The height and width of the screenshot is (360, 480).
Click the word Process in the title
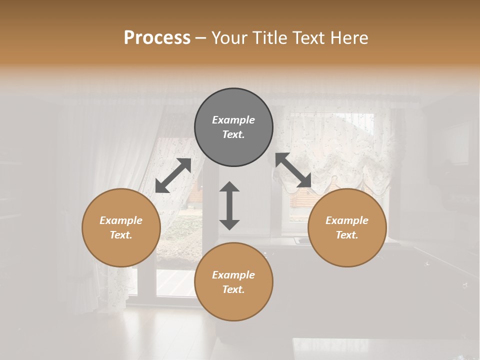pos(157,38)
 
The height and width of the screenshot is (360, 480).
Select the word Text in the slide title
pos(306,38)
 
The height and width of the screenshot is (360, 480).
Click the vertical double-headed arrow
pos(229,205)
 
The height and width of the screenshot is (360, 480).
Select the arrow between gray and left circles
pos(173,175)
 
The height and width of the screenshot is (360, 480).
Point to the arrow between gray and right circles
pos(293,171)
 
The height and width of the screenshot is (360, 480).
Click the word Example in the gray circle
pos(233,120)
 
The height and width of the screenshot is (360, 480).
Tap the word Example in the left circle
pos(121,220)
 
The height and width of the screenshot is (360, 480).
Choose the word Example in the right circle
pos(347,220)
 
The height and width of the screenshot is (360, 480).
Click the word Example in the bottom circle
pos(233,275)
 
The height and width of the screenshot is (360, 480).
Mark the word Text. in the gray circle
pos(233,134)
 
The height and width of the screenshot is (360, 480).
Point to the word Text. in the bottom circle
pos(233,289)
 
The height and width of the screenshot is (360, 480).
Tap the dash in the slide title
pos(200,38)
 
